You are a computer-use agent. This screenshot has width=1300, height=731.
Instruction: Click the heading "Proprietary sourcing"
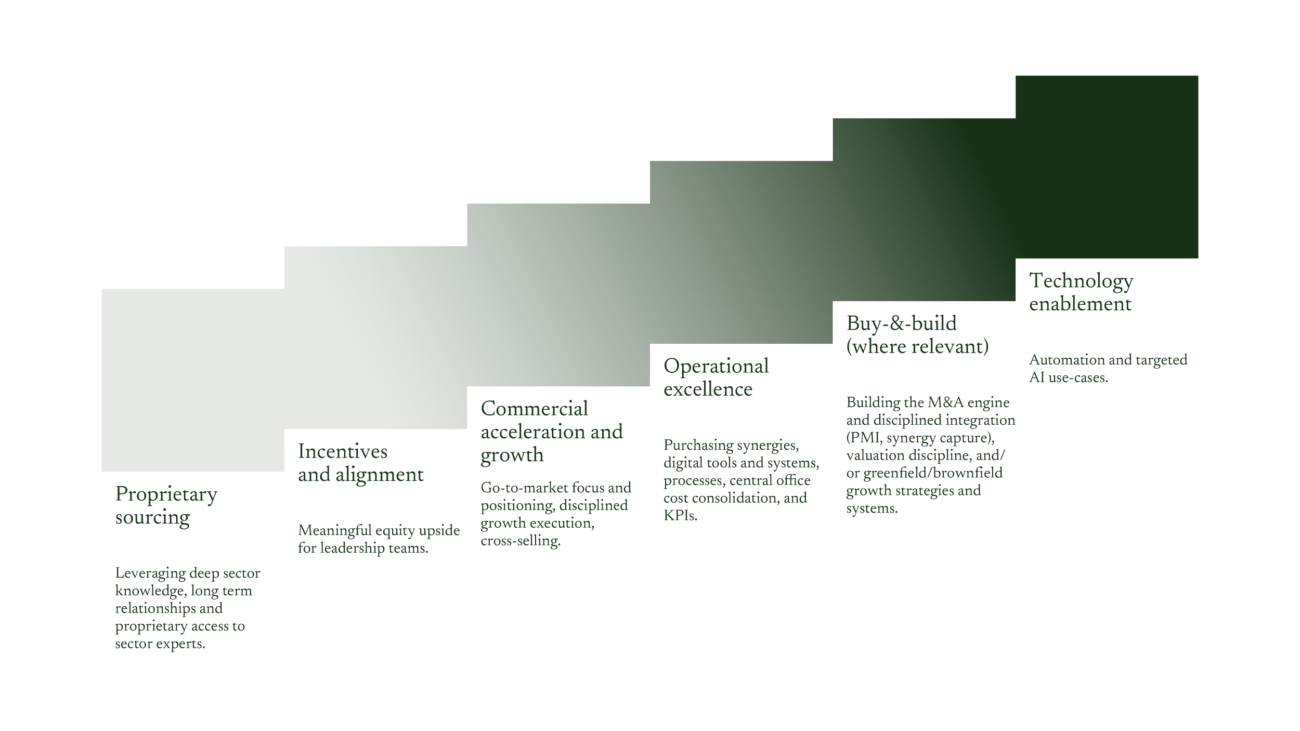click(166, 505)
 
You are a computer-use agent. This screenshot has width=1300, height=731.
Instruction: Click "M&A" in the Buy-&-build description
click(951, 402)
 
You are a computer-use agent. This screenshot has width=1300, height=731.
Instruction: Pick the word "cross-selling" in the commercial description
click(521, 542)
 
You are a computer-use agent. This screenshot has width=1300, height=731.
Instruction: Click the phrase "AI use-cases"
click(1068, 378)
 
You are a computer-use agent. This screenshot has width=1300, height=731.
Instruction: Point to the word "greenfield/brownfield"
click(933, 474)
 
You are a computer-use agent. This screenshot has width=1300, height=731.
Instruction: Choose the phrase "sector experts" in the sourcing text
click(160, 645)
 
